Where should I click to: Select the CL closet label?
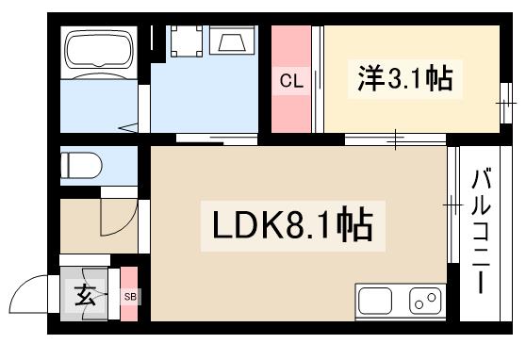(290, 81)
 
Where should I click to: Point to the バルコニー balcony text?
(483, 230)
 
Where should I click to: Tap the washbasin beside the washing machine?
(231, 41)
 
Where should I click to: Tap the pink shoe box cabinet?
(129, 295)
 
